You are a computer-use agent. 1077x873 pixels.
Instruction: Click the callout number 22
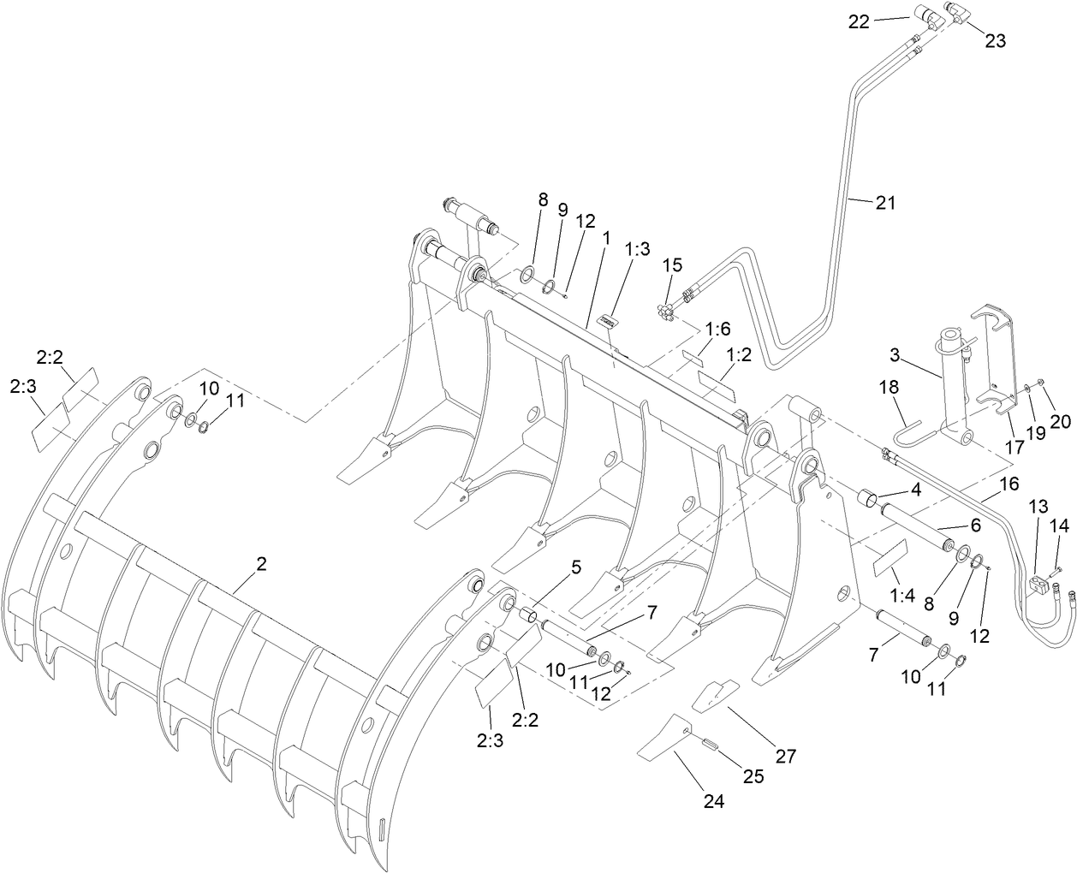click(860, 21)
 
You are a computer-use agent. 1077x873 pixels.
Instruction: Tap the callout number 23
click(995, 39)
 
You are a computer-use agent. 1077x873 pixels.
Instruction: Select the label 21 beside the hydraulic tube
click(885, 203)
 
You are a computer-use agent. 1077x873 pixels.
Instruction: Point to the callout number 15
click(673, 265)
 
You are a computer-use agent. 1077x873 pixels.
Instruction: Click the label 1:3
click(637, 249)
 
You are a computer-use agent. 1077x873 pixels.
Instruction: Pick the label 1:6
click(718, 329)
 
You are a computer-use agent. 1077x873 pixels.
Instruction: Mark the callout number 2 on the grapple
click(261, 564)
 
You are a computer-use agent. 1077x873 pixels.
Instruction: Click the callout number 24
click(714, 801)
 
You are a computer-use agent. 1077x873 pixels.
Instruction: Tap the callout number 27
click(785, 756)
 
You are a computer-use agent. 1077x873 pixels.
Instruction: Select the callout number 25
click(754, 776)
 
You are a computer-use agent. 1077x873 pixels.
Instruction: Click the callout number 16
click(1009, 484)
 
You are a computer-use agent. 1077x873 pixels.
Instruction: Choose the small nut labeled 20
click(1038, 383)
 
